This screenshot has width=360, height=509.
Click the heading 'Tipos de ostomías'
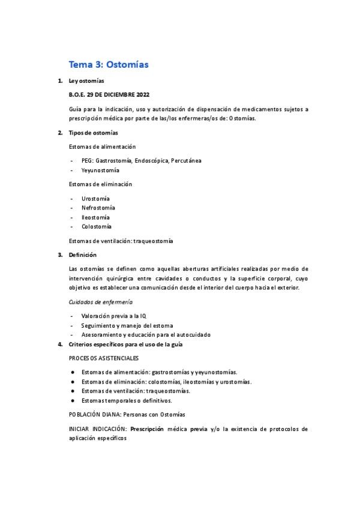tap(94, 132)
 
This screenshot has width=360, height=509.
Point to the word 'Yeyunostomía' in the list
tap(100, 170)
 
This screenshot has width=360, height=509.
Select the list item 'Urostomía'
tap(95, 198)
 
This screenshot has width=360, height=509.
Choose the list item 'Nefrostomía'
tap(98, 208)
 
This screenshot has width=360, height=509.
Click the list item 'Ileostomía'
tap(95, 217)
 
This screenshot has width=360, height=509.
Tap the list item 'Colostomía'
tap(97, 226)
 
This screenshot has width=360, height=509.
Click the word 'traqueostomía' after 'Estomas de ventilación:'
tap(154, 241)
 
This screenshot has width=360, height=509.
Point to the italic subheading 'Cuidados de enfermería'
tap(101, 302)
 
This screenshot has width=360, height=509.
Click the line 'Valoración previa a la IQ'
tap(113, 316)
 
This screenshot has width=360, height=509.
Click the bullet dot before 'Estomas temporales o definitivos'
tap(73, 400)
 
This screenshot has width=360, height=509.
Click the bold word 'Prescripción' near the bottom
tap(149, 429)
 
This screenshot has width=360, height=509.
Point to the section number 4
tap(59, 344)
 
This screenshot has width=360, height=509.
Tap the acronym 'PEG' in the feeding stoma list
tap(88, 160)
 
